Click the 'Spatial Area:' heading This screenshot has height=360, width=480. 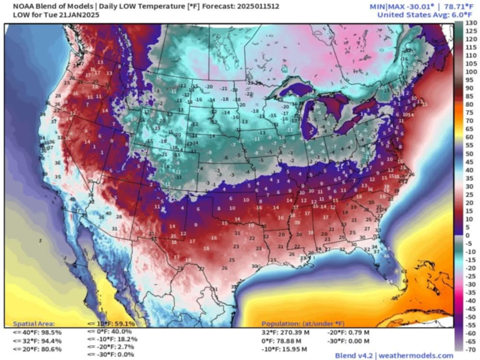click(34, 324)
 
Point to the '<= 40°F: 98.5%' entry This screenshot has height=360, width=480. click(37, 332)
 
